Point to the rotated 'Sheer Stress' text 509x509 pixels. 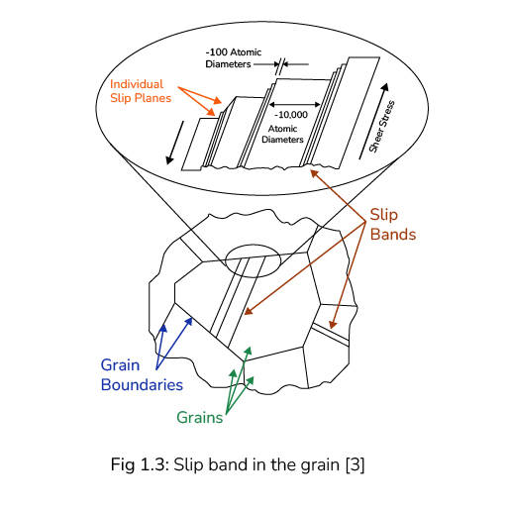click(x=382, y=126)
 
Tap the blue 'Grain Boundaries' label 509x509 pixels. click(x=143, y=374)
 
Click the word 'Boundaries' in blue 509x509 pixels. click(x=143, y=384)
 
